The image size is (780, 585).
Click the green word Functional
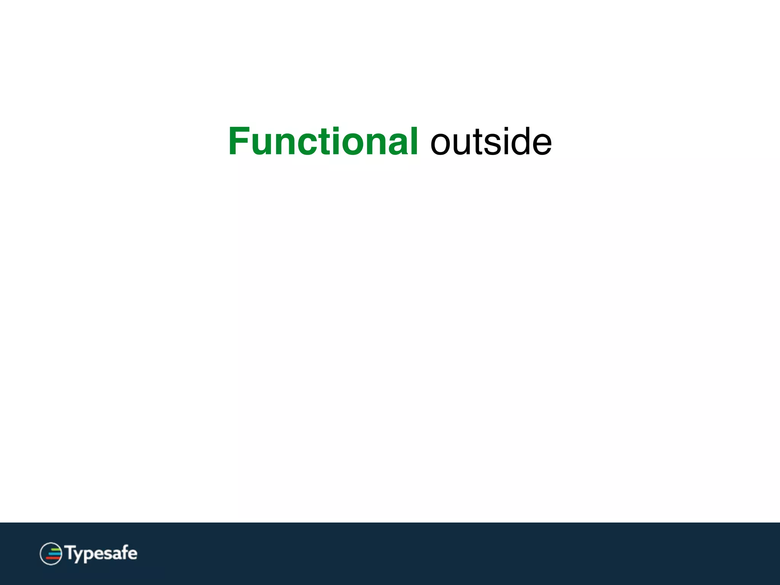(x=323, y=142)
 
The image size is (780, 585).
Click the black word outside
(x=491, y=142)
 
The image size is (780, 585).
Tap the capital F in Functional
(x=239, y=142)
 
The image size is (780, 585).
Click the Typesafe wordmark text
(x=101, y=553)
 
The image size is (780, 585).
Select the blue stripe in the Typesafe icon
(x=55, y=554)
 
